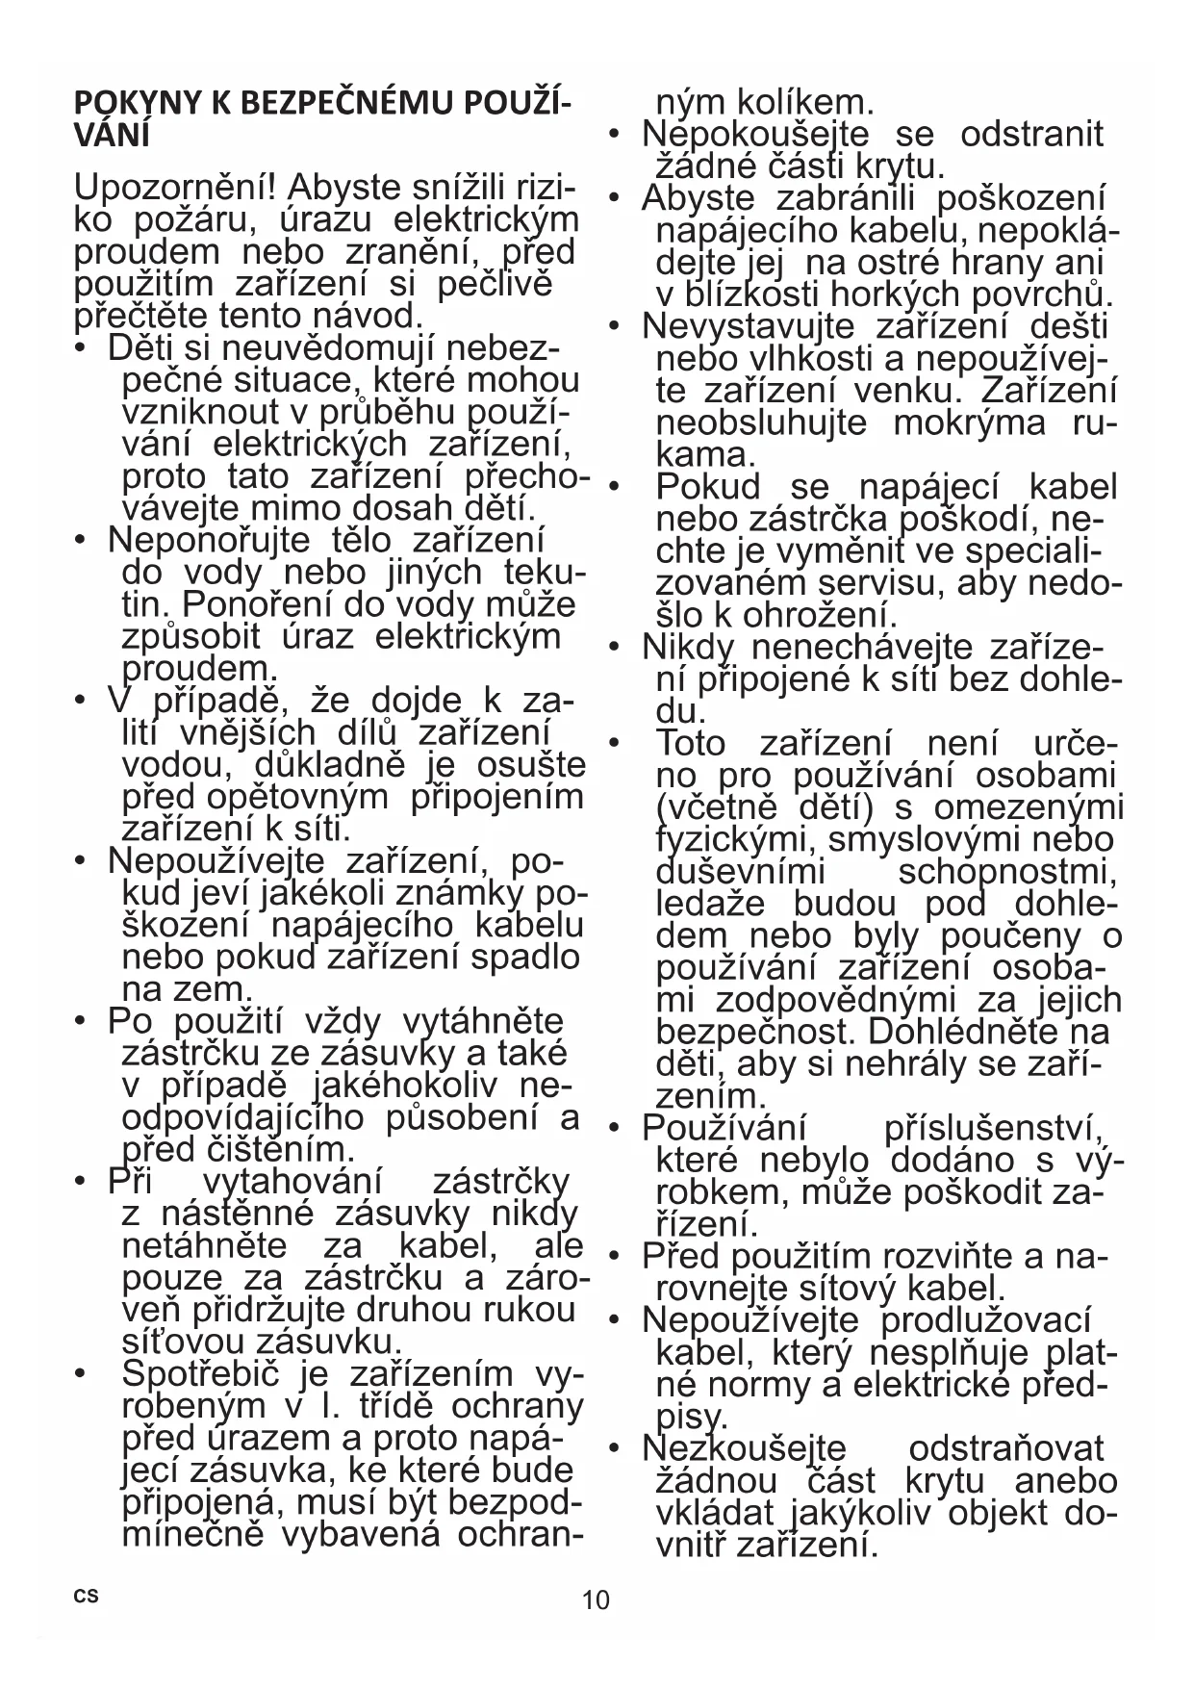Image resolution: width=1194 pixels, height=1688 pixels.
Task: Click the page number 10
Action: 596,1599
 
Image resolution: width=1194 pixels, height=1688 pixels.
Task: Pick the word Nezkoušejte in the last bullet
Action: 744,1448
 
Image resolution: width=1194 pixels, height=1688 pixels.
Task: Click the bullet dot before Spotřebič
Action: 83,1373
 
